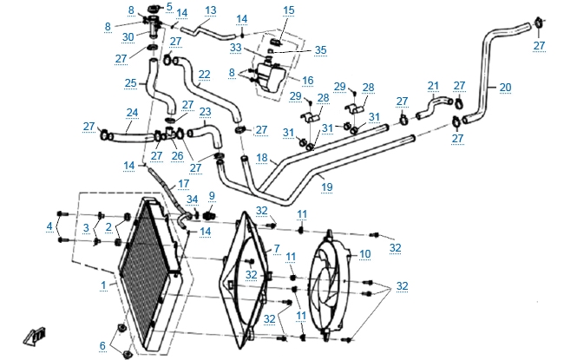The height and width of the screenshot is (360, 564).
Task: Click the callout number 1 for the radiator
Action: [x=102, y=284]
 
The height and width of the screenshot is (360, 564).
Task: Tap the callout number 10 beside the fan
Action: [x=365, y=253]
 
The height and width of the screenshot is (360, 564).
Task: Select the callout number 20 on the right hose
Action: [x=505, y=87]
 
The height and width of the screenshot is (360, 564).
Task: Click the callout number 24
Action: [x=132, y=112]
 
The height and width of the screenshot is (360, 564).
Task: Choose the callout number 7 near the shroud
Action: [x=276, y=249]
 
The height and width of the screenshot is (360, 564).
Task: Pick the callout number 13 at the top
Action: [x=210, y=10]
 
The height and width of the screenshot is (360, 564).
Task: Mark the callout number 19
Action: [x=326, y=185]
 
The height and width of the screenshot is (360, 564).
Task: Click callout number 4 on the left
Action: [x=49, y=228]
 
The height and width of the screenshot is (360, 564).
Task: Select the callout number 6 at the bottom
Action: [x=102, y=345]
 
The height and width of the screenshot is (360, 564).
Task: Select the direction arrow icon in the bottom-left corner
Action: [x=34, y=336]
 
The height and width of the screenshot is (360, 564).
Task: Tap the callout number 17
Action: [x=182, y=184]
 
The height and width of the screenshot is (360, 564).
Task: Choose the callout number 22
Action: [x=204, y=75]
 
